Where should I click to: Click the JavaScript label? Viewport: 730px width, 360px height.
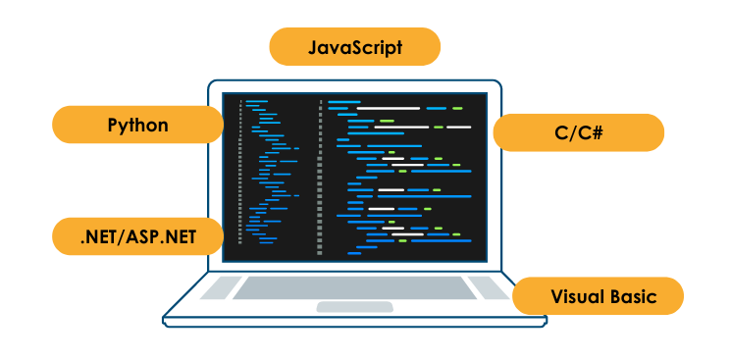(x=355, y=47)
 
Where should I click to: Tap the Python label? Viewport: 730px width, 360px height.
(x=137, y=125)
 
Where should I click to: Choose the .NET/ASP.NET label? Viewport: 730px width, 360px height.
(x=137, y=236)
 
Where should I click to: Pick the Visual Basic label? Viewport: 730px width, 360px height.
(x=599, y=295)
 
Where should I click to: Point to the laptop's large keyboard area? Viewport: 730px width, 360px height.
(x=355, y=288)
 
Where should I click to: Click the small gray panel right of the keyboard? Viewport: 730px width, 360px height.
(x=488, y=287)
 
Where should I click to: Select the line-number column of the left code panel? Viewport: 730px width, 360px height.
(x=240, y=177)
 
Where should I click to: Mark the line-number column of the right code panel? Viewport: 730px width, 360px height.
(x=320, y=177)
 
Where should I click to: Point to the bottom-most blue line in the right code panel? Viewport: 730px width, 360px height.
(x=353, y=252)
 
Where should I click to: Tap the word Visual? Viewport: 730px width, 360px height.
(x=575, y=295)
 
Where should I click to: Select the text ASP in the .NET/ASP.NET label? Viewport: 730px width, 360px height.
(x=148, y=236)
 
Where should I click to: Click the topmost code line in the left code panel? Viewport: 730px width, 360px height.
(x=257, y=101)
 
